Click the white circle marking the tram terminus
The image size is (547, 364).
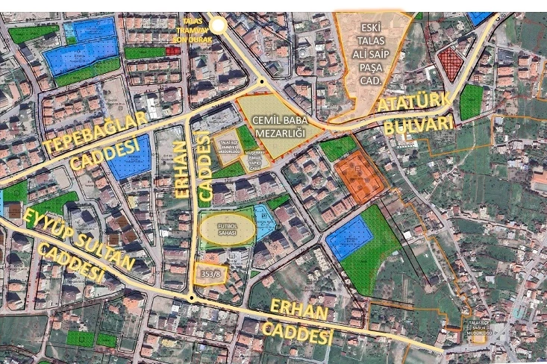(x=217, y=26)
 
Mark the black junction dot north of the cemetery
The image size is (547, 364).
(x=262, y=82)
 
